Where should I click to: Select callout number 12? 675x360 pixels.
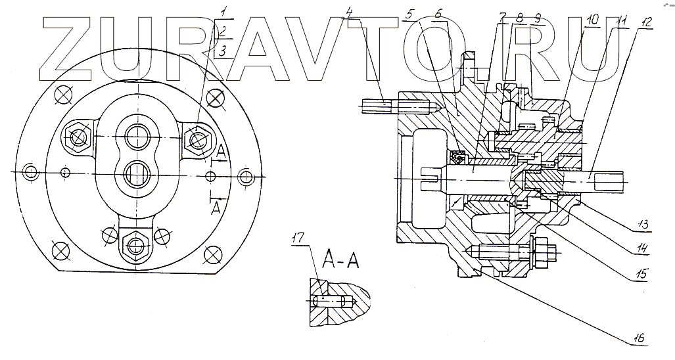coord(647,22)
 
